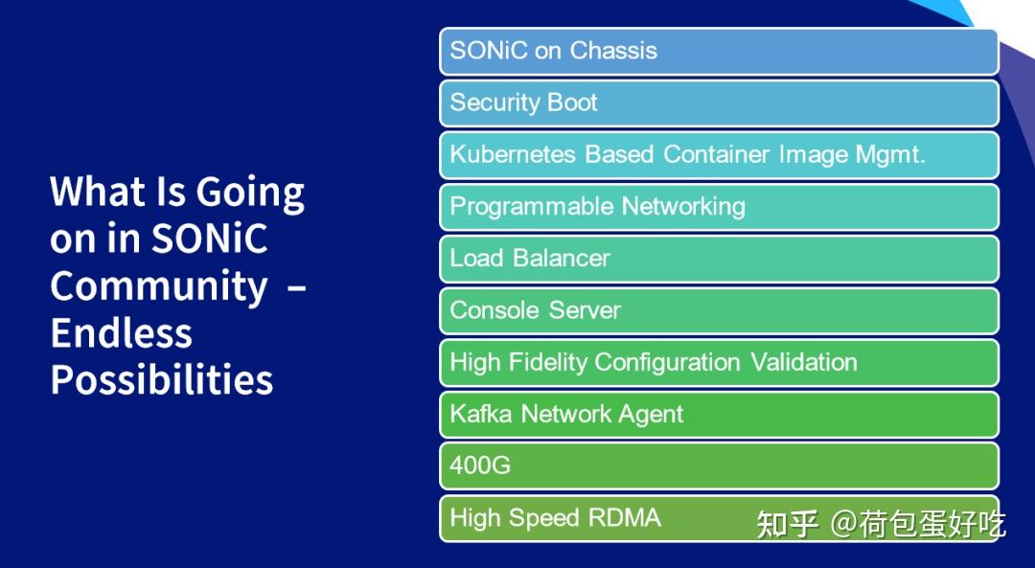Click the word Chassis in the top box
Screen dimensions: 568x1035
(612, 51)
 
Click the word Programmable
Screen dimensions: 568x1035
(532, 206)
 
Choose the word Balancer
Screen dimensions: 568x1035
(562, 258)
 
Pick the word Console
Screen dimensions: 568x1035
(490, 309)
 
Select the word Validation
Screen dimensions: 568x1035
(803, 362)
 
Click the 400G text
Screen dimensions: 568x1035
(480, 466)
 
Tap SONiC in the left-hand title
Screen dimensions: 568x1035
(209, 239)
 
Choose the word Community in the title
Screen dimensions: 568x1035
(159, 286)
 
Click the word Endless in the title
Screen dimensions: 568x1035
(121, 332)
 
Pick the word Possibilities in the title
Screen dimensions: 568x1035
(162, 380)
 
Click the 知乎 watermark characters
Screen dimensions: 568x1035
(788, 523)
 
